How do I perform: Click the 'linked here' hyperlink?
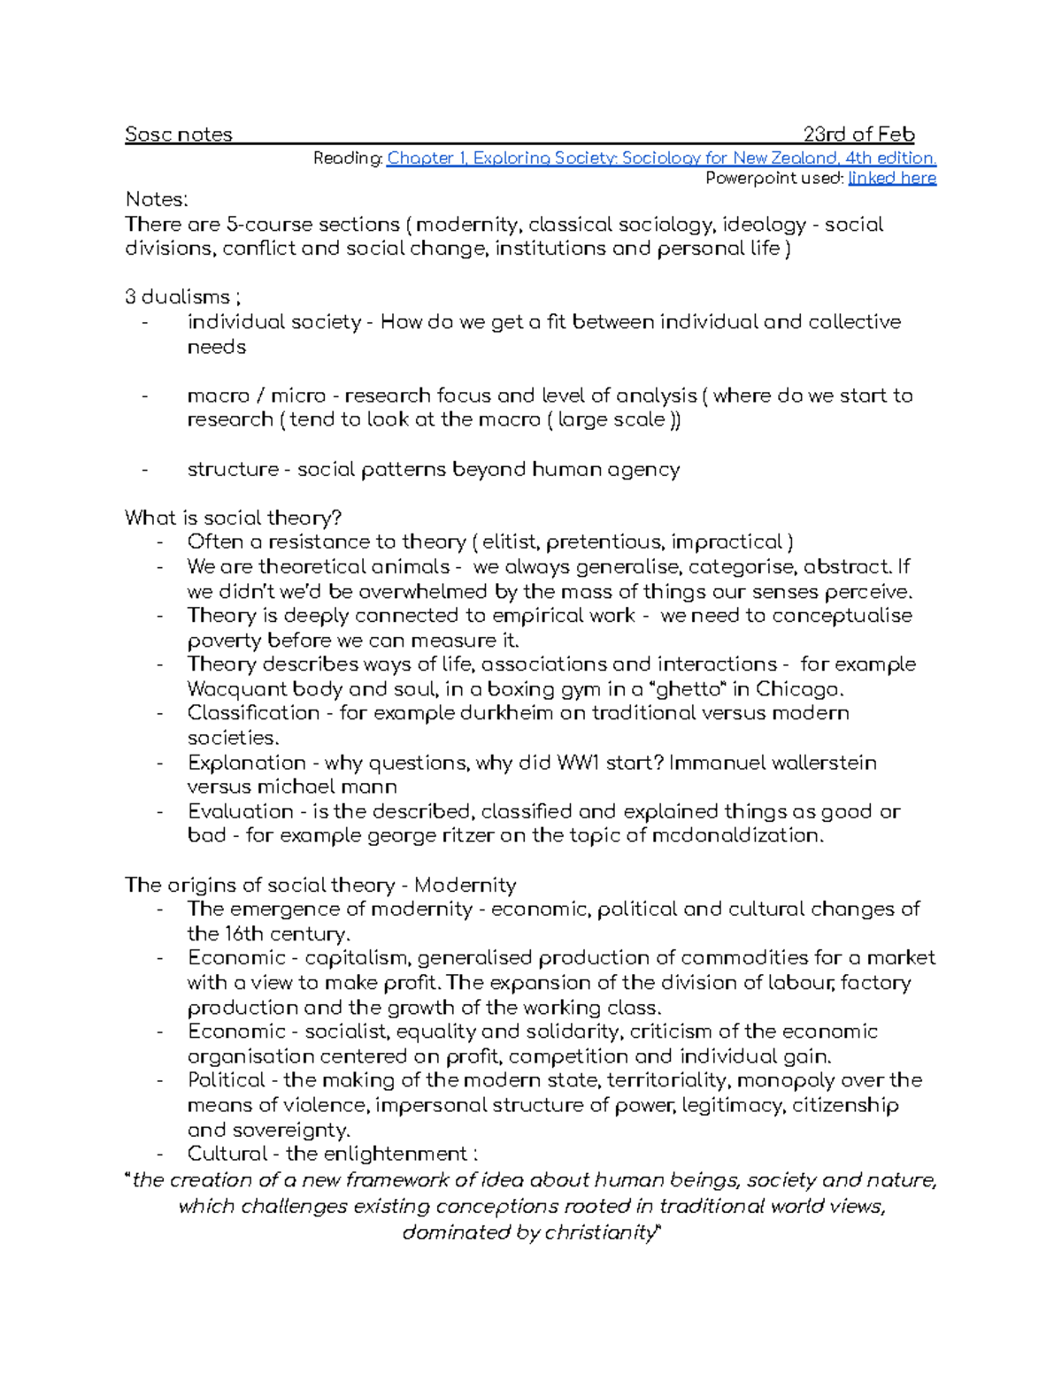[891, 179]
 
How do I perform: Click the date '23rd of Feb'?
[858, 134]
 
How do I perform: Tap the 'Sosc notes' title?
[178, 134]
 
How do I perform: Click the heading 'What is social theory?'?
[233, 518]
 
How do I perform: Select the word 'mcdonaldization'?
[735, 835]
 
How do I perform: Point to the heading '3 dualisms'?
[177, 297]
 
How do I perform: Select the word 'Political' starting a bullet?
[226, 1080]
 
